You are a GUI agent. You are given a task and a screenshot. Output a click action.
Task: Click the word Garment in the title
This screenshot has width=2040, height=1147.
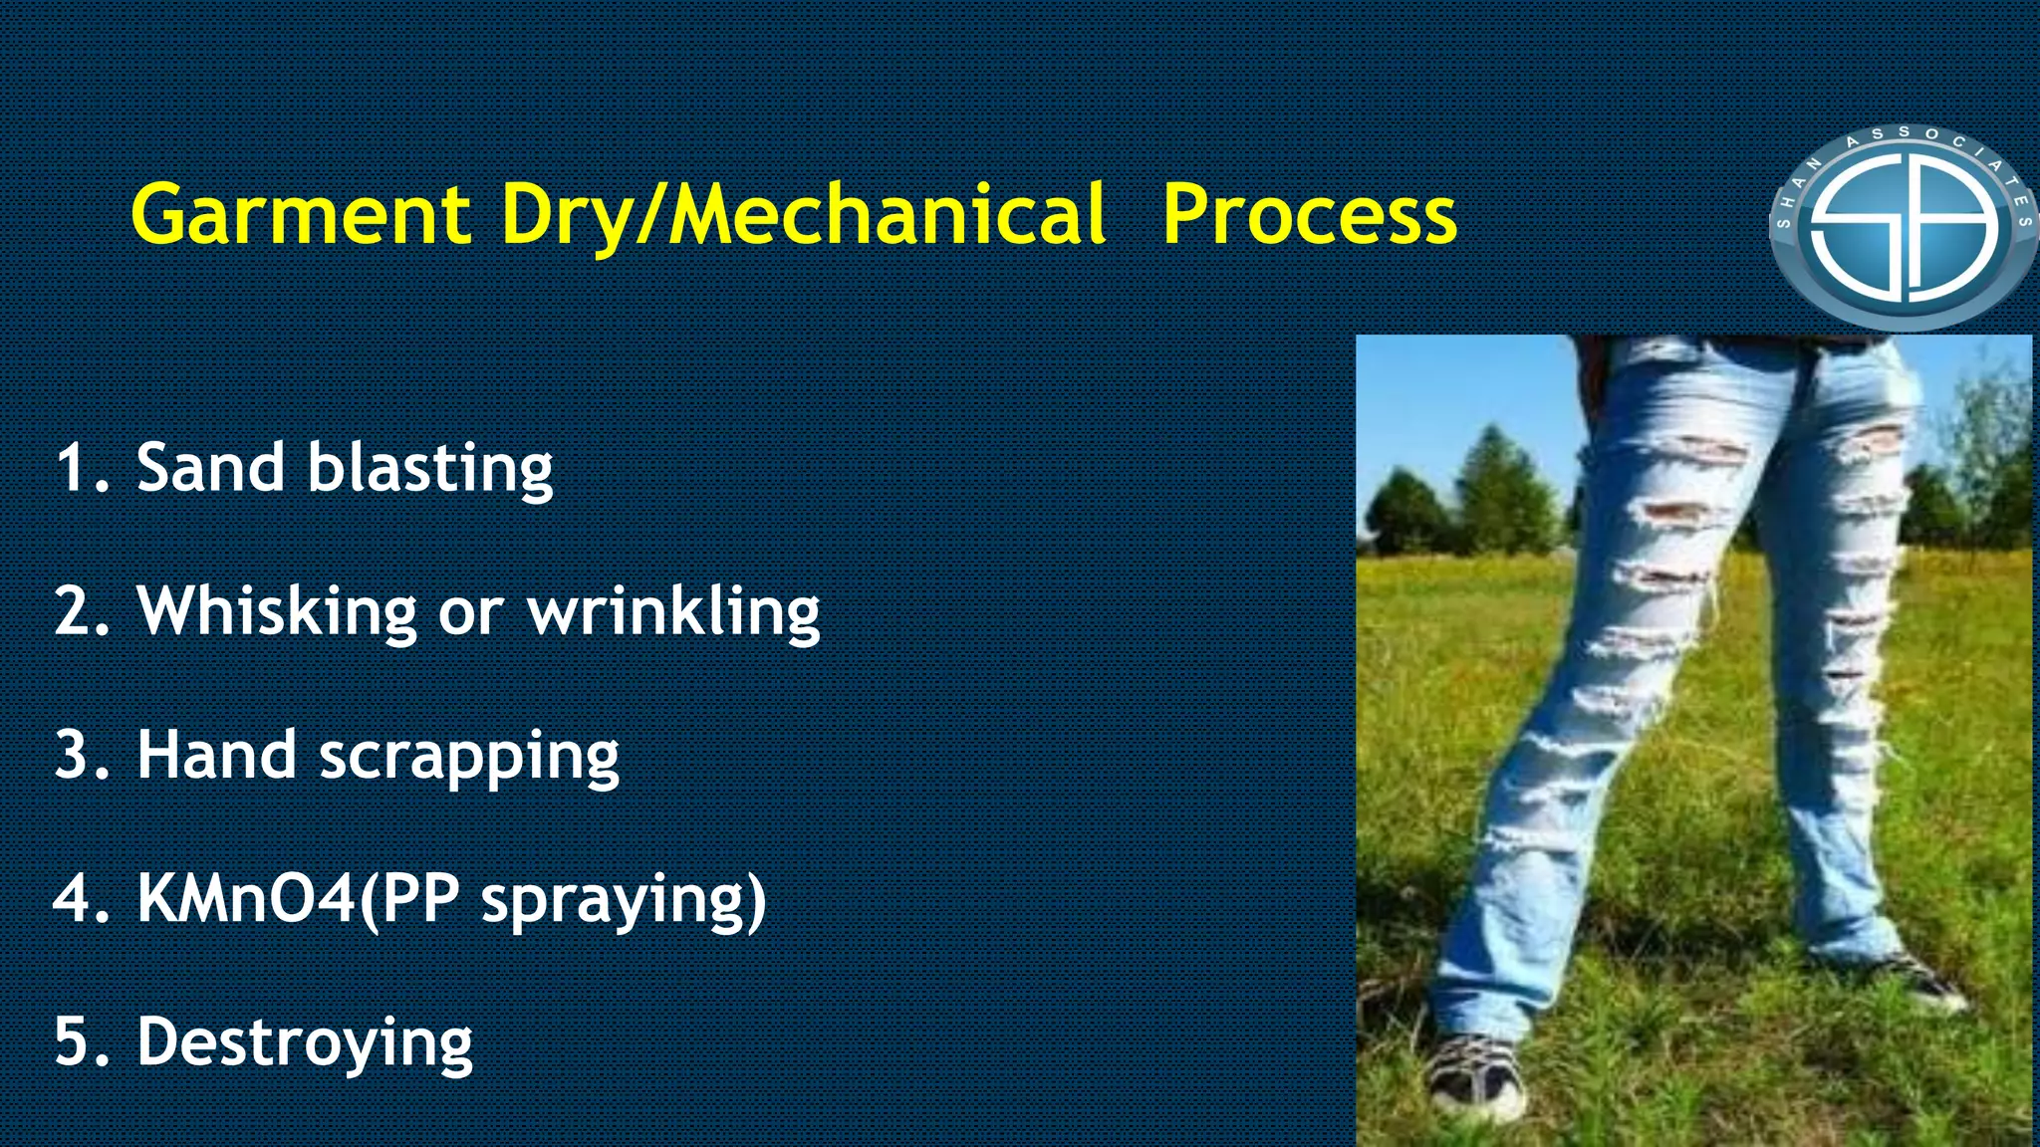point(301,214)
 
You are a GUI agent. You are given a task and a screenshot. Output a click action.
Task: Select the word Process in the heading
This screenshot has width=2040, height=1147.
point(1309,214)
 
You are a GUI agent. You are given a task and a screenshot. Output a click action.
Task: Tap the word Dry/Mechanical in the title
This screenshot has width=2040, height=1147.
point(803,214)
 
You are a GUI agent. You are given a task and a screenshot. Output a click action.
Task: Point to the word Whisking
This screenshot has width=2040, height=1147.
point(277,611)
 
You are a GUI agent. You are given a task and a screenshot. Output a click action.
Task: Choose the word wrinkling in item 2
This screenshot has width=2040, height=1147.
point(673,611)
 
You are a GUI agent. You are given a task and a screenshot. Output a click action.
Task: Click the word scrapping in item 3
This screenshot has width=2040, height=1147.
point(468,757)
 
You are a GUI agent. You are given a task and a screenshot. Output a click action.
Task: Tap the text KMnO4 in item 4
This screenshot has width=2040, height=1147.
point(246,898)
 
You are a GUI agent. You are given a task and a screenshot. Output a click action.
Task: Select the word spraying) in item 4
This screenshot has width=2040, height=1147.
point(624,901)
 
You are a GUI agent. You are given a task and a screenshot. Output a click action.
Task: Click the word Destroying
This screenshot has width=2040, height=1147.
point(304,1043)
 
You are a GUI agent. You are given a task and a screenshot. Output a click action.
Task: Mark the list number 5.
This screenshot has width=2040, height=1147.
point(75,1041)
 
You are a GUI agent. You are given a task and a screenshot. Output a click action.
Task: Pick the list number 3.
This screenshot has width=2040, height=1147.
point(75,755)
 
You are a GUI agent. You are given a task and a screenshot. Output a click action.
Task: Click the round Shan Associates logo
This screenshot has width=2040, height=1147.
point(1903,228)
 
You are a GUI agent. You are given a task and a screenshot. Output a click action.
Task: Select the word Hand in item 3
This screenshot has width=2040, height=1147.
point(216,755)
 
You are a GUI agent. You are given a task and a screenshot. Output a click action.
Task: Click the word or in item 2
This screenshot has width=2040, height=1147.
point(470,613)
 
